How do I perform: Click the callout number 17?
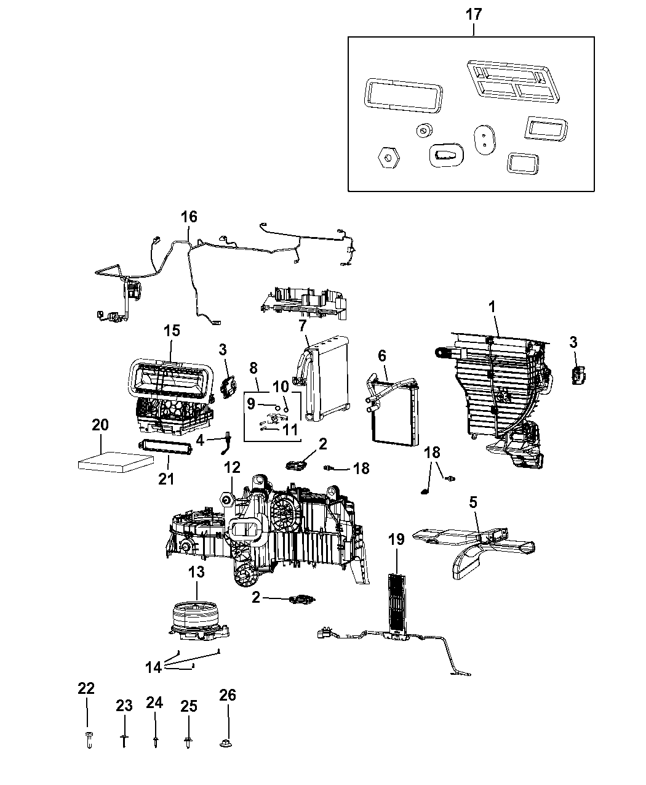[473, 14]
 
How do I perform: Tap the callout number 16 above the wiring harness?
[189, 217]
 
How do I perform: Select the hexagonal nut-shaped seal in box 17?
[388, 158]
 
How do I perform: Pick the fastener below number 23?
[124, 741]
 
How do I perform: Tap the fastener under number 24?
[154, 741]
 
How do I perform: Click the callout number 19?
[396, 540]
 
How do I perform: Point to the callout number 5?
[473, 502]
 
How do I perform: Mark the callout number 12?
[231, 469]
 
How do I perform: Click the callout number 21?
[166, 478]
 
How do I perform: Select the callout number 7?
[302, 324]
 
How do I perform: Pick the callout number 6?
[382, 356]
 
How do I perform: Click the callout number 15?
[172, 330]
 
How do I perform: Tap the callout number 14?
[154, 666]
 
